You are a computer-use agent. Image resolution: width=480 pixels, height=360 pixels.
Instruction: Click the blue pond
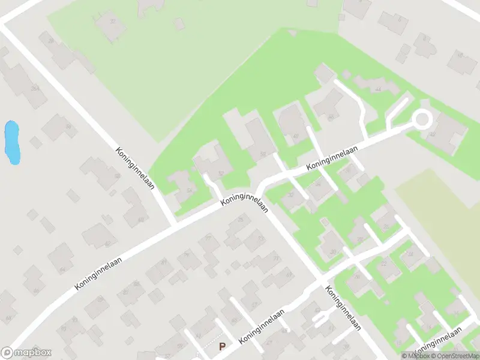point(12,142)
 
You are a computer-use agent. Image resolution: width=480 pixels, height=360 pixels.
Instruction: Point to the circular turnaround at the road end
point(422,119)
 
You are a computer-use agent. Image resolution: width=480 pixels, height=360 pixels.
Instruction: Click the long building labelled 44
point(376,86)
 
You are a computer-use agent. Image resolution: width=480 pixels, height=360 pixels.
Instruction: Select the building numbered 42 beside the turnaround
point(448,132)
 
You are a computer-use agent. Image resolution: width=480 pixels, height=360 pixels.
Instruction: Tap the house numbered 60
point(136,208)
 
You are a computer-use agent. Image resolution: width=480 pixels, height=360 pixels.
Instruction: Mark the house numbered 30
point(331,245)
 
